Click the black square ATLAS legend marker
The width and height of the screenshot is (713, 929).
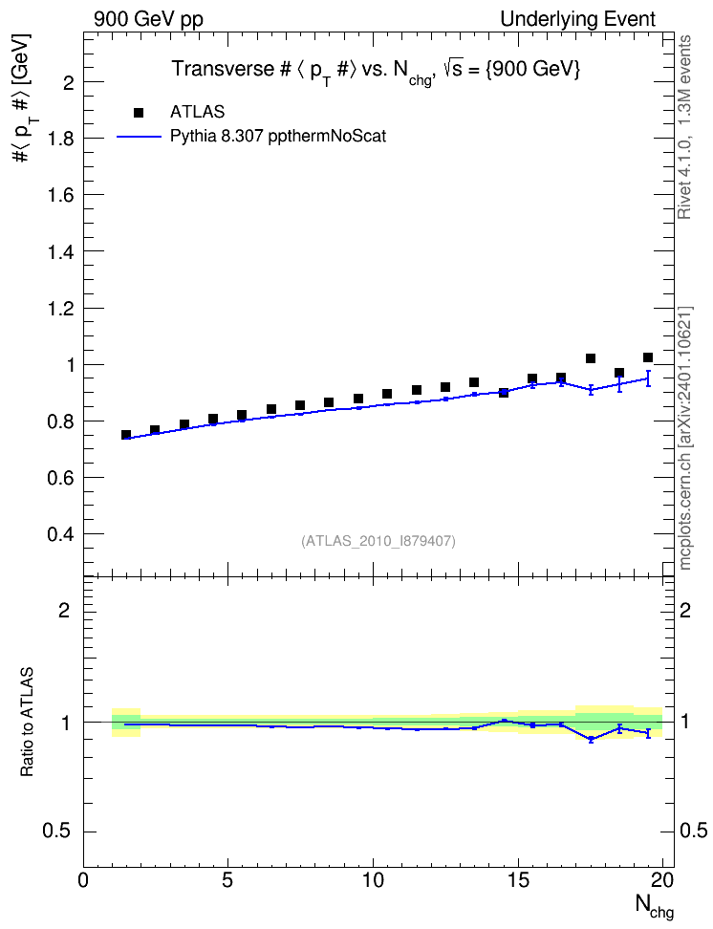click(139, 112)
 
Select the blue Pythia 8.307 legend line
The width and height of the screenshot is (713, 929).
click(139, 137)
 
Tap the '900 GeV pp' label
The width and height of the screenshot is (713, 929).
click(148, 19)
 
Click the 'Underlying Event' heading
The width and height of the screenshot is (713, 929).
click(578, 19)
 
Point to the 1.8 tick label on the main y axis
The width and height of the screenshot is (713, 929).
click(61, 139)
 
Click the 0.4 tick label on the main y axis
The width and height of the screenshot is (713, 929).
click(61, 534)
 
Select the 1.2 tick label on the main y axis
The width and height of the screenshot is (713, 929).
click(61, 309)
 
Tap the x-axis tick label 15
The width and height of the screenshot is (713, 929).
click(519, 880)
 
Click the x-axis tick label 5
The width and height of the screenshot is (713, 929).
click(228, 880)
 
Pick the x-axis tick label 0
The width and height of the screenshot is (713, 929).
click(83, 880)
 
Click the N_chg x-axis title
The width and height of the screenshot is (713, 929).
click(655, 906)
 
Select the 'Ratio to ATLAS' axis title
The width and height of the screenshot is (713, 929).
click(27, 722)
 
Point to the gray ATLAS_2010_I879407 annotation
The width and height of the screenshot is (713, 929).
click(378, 541)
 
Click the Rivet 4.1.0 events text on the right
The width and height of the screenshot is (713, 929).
click(684, 127)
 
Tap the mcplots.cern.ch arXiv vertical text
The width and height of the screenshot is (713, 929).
click(684, 439)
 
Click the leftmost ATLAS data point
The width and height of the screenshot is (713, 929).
click(125, 435)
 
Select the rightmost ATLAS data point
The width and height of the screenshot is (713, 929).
click(648, 357)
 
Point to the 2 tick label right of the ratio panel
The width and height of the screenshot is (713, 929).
click(685, 610)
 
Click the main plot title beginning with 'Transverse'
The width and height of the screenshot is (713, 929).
click(376, 71)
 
